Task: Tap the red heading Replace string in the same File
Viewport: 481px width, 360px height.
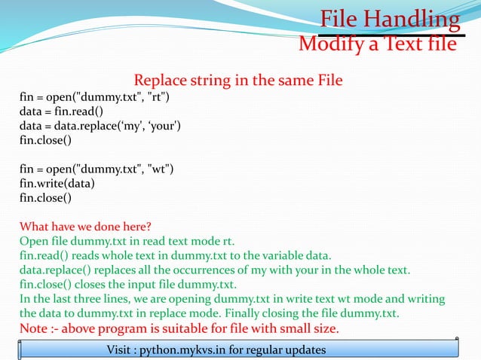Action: [x=237, y=80]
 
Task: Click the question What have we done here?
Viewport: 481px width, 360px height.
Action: [x=84, y=227]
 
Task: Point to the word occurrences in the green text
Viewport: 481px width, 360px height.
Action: [x=216, y=270]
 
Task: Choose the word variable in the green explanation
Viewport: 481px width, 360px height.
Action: [x=286, y=255]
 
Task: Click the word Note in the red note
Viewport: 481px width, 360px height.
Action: [x=34, y=328]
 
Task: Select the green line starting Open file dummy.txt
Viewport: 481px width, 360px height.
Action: [x=127, y=241]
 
